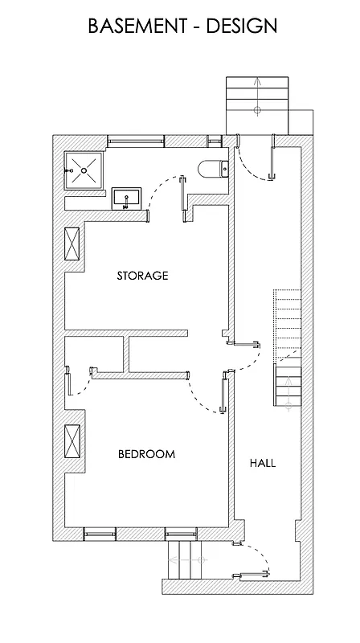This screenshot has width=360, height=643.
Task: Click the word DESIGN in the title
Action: pyautogui.click(x=242, y=26)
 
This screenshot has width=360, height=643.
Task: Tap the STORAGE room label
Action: pyautogui.click(x=142, y=276)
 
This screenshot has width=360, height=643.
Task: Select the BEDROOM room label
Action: pyautogui.click(x=146, y=454)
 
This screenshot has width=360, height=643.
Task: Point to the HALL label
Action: pyautogui.click(x=263, y=463)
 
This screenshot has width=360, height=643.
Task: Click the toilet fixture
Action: pyautogui.click(x=213, y=168)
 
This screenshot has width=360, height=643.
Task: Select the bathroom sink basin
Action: pyautogui.click(x=127, y=197)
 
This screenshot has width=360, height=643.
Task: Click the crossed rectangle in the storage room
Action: pyautogui.click(x=72, y=244)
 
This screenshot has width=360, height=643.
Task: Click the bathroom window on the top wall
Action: pyautogui.click(x=135, y=140)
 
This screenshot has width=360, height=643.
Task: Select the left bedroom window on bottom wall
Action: pyautogui.click(x=100, y=532)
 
